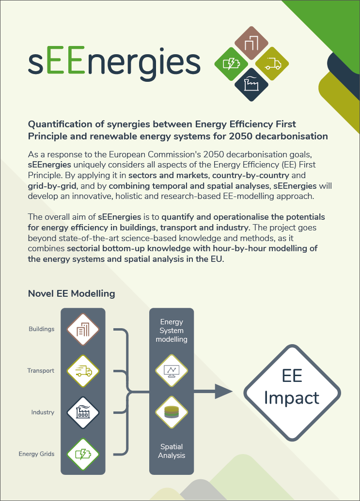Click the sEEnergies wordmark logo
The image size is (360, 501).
114,62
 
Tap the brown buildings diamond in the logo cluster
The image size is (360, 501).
251,43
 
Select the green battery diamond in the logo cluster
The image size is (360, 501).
231,64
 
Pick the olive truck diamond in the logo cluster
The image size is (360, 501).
272,63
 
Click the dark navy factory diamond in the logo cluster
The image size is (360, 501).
251,84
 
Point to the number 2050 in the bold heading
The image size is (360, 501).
241,136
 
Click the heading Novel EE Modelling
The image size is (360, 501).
72,293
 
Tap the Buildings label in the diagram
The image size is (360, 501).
42,329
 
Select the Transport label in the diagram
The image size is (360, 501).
41,371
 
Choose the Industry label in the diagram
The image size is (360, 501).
43,412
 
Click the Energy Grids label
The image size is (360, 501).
36,454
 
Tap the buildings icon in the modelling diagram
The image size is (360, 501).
83,330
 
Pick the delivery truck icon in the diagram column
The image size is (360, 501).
83,371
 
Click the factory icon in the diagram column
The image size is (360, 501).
83,413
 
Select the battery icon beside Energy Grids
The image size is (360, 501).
83,455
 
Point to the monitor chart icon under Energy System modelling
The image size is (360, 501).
172,371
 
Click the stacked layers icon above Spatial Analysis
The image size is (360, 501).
172,412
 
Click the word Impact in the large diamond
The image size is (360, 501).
292,398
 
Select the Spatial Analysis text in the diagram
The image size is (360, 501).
172,451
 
